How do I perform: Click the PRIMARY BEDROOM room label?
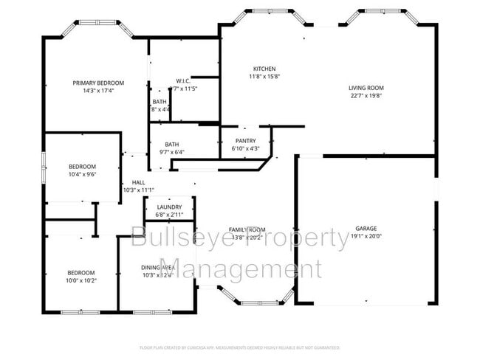(x=98, y=83)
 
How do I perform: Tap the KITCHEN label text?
(x=264, y=69)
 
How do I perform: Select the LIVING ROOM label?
(x=366, y=88)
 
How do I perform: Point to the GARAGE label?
(x=366, y=229)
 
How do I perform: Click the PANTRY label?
(x=245, y=141)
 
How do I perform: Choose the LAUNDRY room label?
(x=169, y=207)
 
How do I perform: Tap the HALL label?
(x=138, y=182)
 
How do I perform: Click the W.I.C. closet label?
(x=184, y=80)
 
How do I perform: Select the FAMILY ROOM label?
(x=247, y=229)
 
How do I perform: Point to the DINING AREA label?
(x=157, y=267)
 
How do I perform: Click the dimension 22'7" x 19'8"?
(x=366, y=95)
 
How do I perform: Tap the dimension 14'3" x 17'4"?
(x=98, y=91)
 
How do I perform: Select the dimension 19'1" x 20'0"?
(x=366, y=237)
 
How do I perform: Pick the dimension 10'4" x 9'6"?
(x=82, y=174)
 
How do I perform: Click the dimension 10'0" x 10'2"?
(x=81, y=280)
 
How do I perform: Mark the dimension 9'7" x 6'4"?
(x=172, y=152)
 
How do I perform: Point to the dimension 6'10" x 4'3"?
(x=245, y=148)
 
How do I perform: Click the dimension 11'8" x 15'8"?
(x=264, y=76)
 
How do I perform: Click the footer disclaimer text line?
(x=239, y=347)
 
